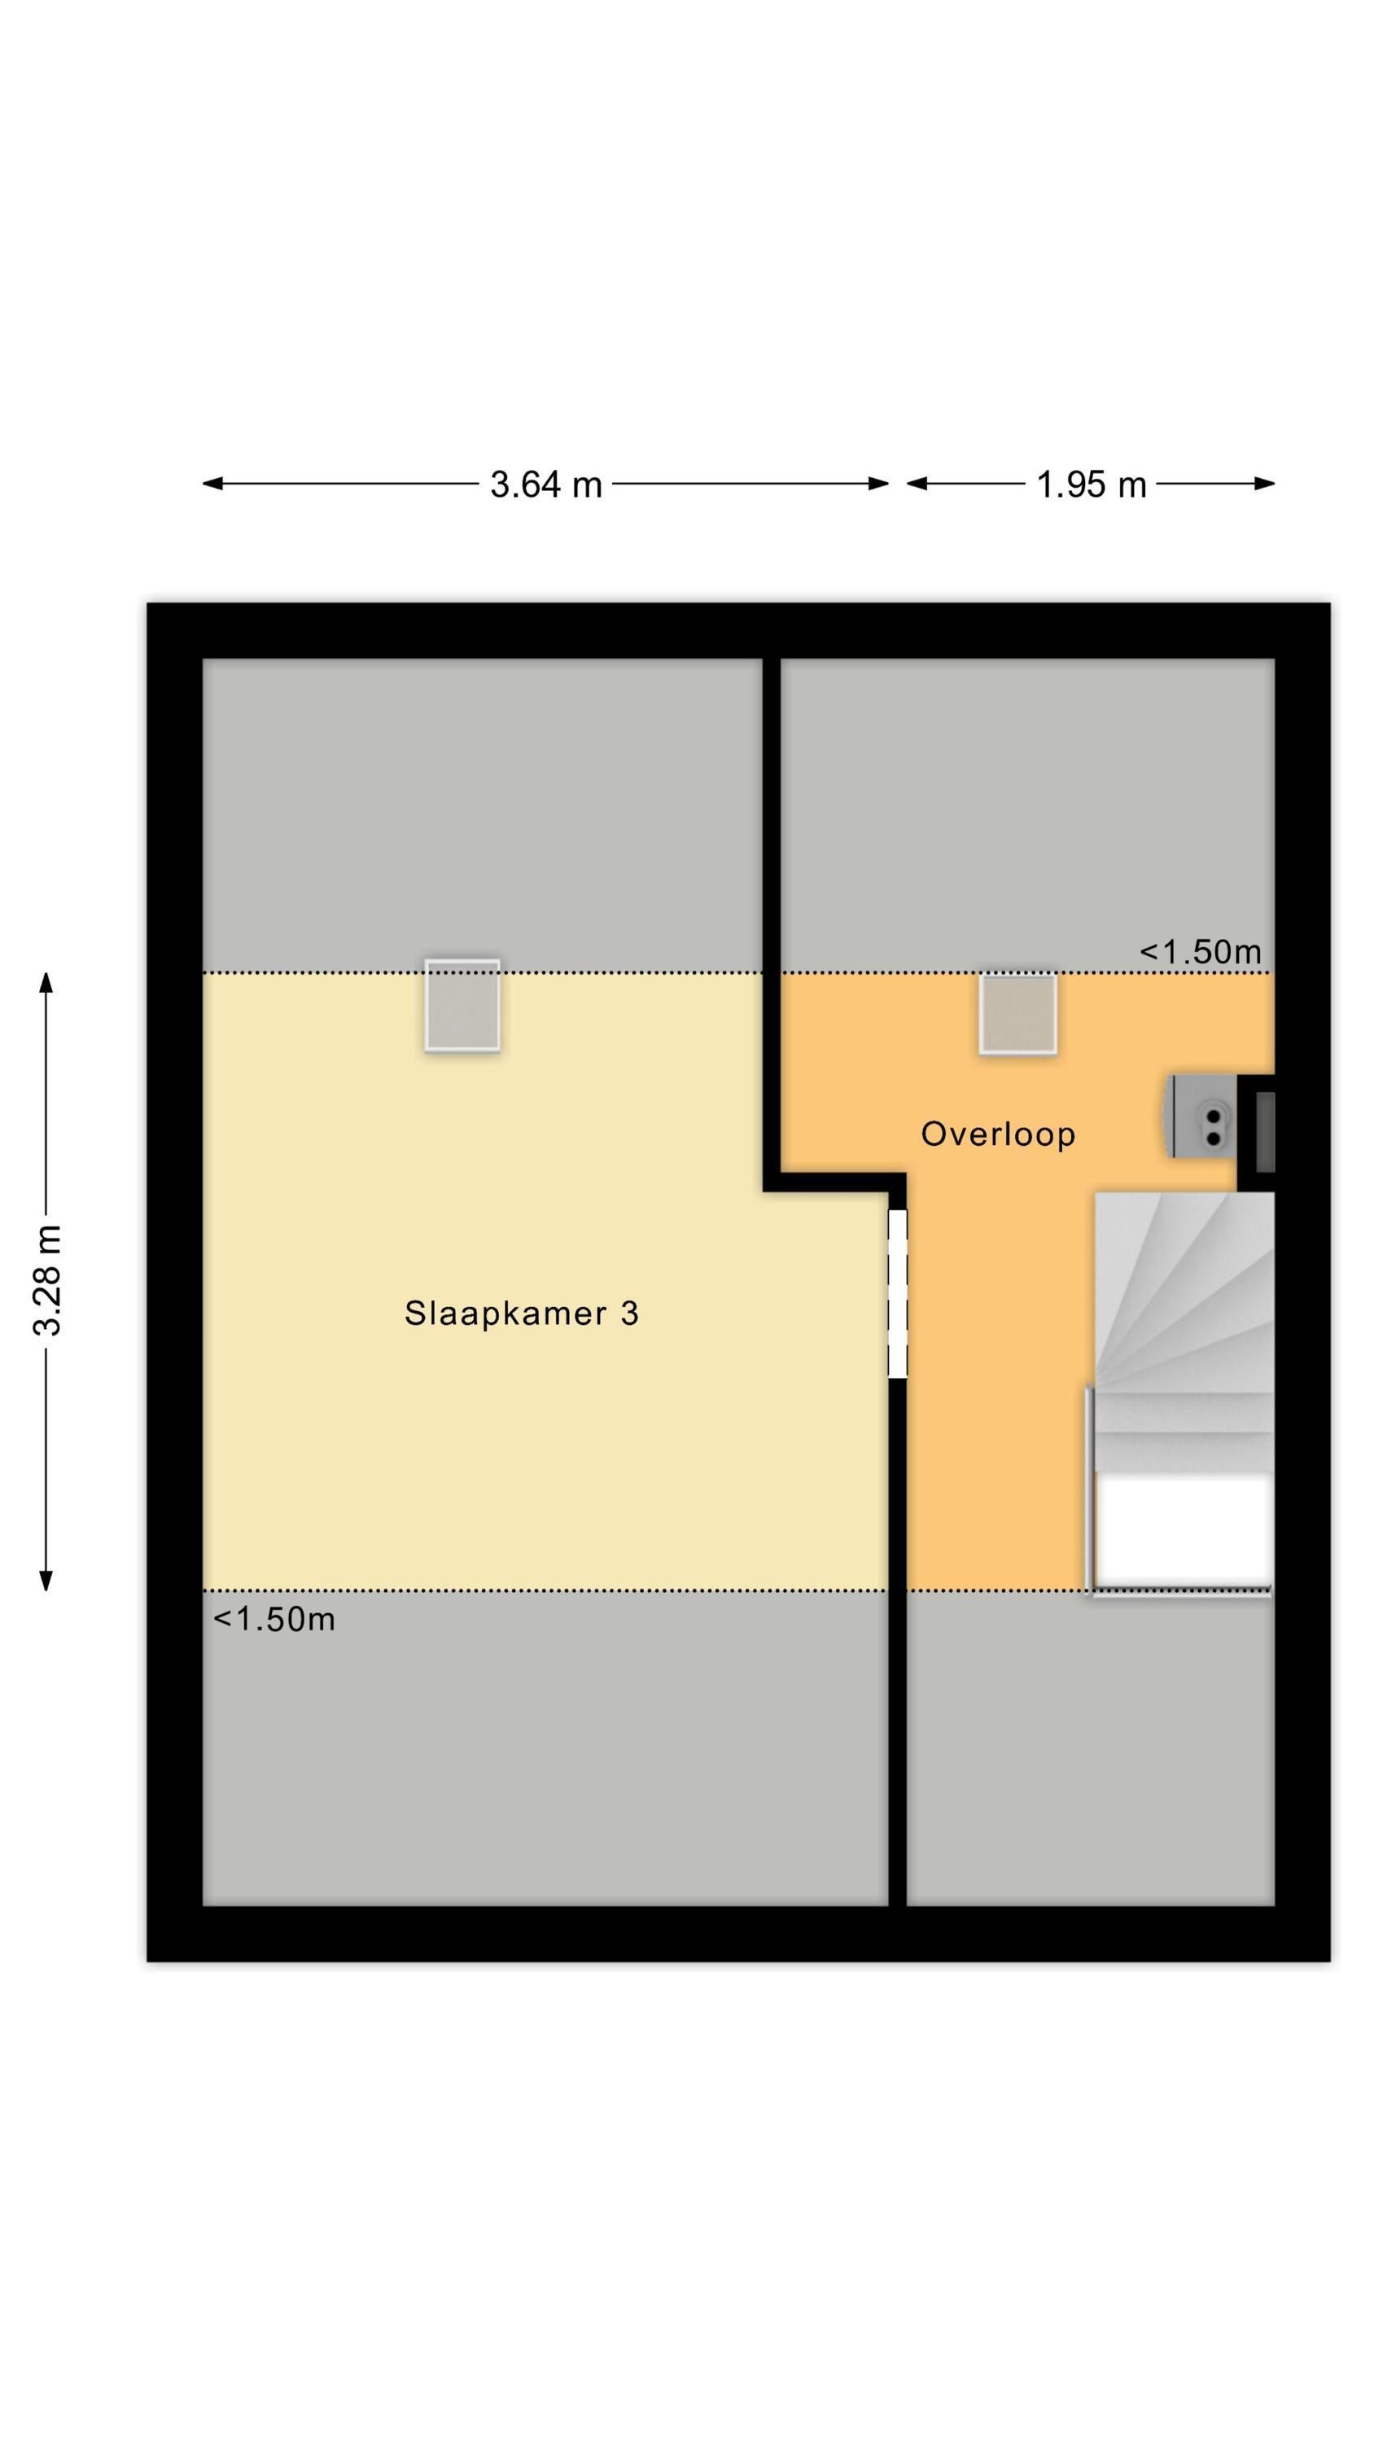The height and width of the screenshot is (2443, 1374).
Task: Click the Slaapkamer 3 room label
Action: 521,1314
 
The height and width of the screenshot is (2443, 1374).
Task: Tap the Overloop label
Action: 998,1134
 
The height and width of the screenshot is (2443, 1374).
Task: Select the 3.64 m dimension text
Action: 545,485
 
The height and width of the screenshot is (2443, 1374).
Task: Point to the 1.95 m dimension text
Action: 1091,485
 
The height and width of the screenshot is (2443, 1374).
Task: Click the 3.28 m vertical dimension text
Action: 46,1279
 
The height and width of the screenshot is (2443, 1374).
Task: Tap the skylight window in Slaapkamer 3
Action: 462,1005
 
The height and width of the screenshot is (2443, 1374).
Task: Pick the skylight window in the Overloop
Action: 1017,1013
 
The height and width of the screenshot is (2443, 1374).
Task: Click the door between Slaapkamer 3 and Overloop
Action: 897,1294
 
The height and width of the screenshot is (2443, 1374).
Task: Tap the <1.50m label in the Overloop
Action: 1200,951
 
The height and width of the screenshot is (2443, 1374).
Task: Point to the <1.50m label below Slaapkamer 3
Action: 274,1619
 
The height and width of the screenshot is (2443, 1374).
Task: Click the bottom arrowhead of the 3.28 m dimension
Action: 46,1580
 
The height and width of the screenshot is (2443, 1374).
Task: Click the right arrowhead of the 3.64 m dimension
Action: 879,484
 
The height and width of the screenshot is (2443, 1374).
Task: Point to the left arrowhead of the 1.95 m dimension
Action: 917,484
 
